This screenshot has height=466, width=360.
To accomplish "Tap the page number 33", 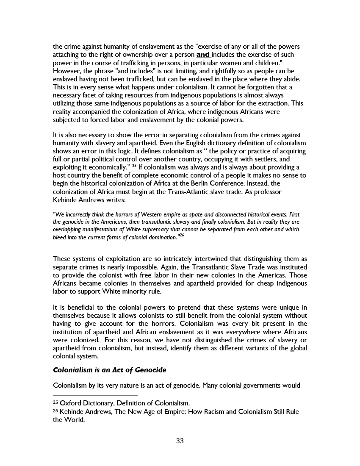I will click(x=180, y=441).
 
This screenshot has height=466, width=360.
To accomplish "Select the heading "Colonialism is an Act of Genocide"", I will click(x=109, y=370).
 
